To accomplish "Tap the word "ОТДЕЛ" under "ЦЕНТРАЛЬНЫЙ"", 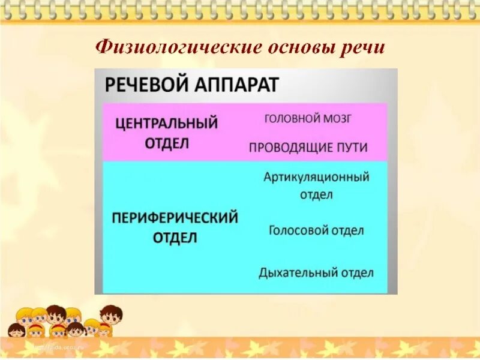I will pyautogui.click(x=166, y=143).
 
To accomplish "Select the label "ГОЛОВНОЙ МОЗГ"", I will pyautogui.click(x=308, y=119).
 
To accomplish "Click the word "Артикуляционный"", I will pyautogui.click(x=316, y=177).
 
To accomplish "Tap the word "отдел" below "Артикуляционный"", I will pyautogui.click(x=316, y=194).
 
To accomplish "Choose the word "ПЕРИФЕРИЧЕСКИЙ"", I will pyautogui.click(x=175, y=217).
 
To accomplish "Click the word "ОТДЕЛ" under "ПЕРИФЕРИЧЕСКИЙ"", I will pyautogui.click(x=175, y=238).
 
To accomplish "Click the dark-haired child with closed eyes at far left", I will pyautogui.click(x=16, y=331).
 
